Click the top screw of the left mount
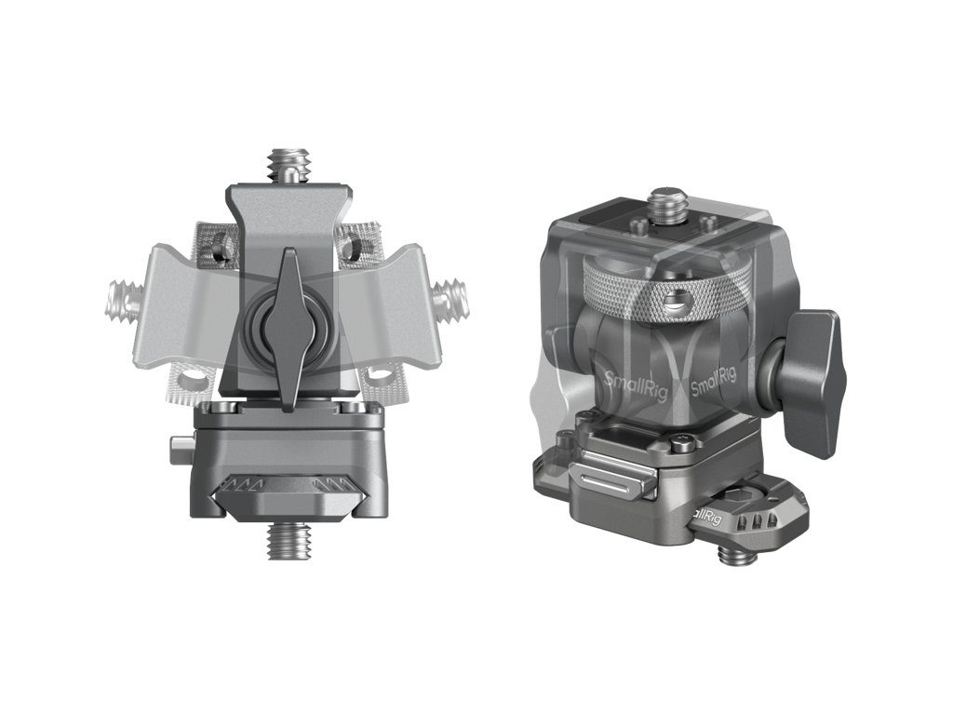[282, 166]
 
